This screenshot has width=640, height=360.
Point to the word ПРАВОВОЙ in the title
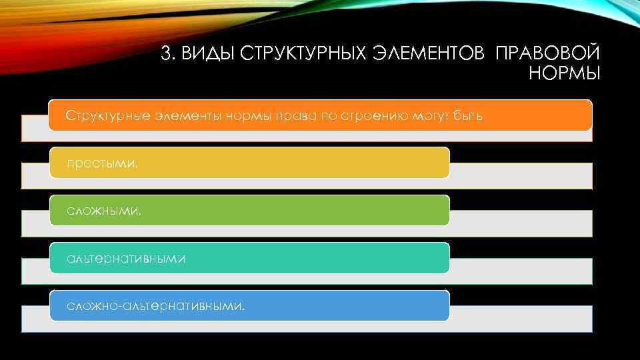547,53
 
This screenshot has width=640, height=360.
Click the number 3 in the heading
166,53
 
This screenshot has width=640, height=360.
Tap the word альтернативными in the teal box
125,259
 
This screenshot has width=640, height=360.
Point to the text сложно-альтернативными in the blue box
155,307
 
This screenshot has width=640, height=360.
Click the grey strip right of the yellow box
520,175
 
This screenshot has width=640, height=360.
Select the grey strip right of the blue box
520,319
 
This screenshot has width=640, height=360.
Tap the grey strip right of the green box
520,223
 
